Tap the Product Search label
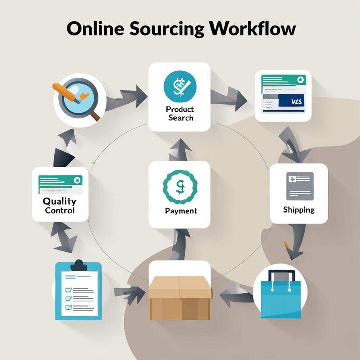[180, 113]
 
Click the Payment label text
[181, 211]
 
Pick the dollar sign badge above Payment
[180, 186]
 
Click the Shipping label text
[299, 210]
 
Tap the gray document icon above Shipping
[299, 186]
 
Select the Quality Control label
[59, 206]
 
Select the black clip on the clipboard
[78, 266]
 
